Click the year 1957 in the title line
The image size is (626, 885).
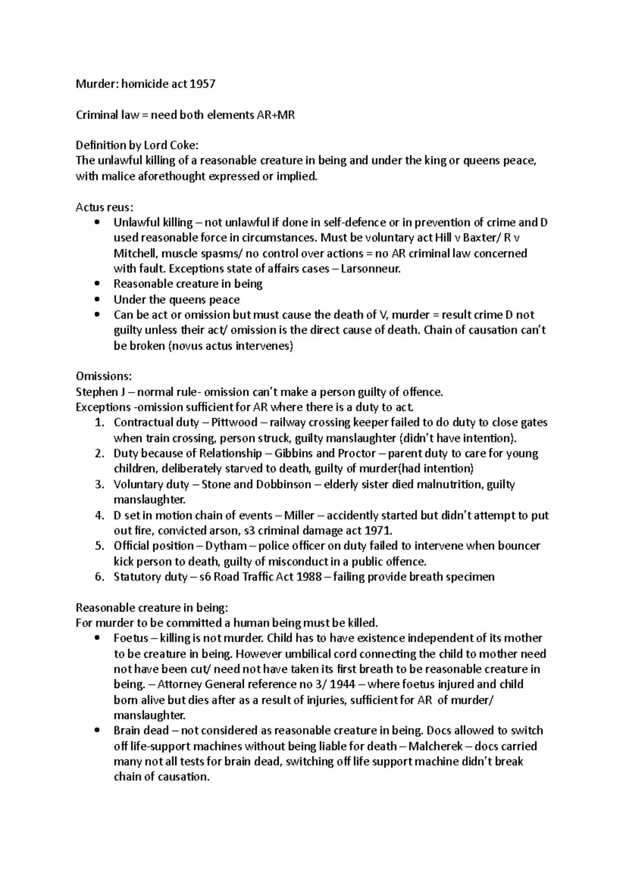pyautogui.click(x=202, y=84)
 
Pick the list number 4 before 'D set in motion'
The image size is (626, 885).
pyautogui.click(x=100, y=515)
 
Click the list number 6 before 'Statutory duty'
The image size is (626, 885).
pyautogui.click(x=100, y=577)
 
